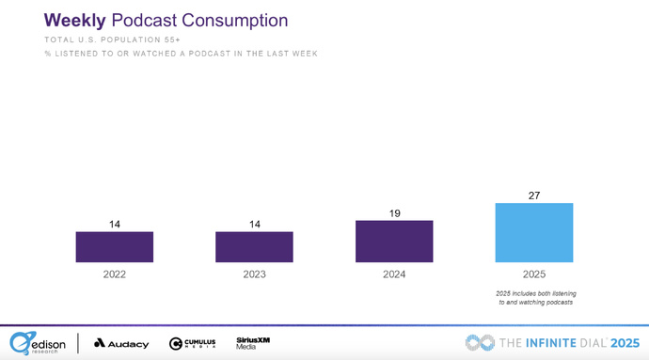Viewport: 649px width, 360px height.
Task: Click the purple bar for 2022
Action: click(x=114, y=246)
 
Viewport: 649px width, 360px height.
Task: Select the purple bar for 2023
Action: click(x=254, y=246)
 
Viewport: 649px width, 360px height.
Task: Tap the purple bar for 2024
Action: click(x=394, y=241)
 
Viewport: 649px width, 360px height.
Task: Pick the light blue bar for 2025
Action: click(x=533, y=232)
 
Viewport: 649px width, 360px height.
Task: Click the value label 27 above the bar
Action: click(x=533, y=195)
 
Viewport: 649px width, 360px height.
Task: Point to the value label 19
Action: click(x=394, y=212)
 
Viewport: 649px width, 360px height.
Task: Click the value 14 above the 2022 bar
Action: click(x=114, y=224)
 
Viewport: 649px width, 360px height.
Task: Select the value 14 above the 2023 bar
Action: click(x=254, y=224)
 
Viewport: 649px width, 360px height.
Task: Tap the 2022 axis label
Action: click(x=114, y=274)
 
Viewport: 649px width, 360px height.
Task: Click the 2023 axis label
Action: click(x=254, y=274)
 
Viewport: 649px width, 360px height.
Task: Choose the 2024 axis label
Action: click(x=394, y=274)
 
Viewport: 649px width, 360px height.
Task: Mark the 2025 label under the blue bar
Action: click(x=533, y=274)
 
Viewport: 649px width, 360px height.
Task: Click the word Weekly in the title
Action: click(x=72, y=20)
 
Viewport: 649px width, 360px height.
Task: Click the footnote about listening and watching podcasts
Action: click(x=533, y=299)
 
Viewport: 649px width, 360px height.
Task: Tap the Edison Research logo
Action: click(x=37, y=342)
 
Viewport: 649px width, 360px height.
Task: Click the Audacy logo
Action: click(x=121, y=343)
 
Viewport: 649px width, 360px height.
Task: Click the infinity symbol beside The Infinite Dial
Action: click(x=481, y=342)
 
